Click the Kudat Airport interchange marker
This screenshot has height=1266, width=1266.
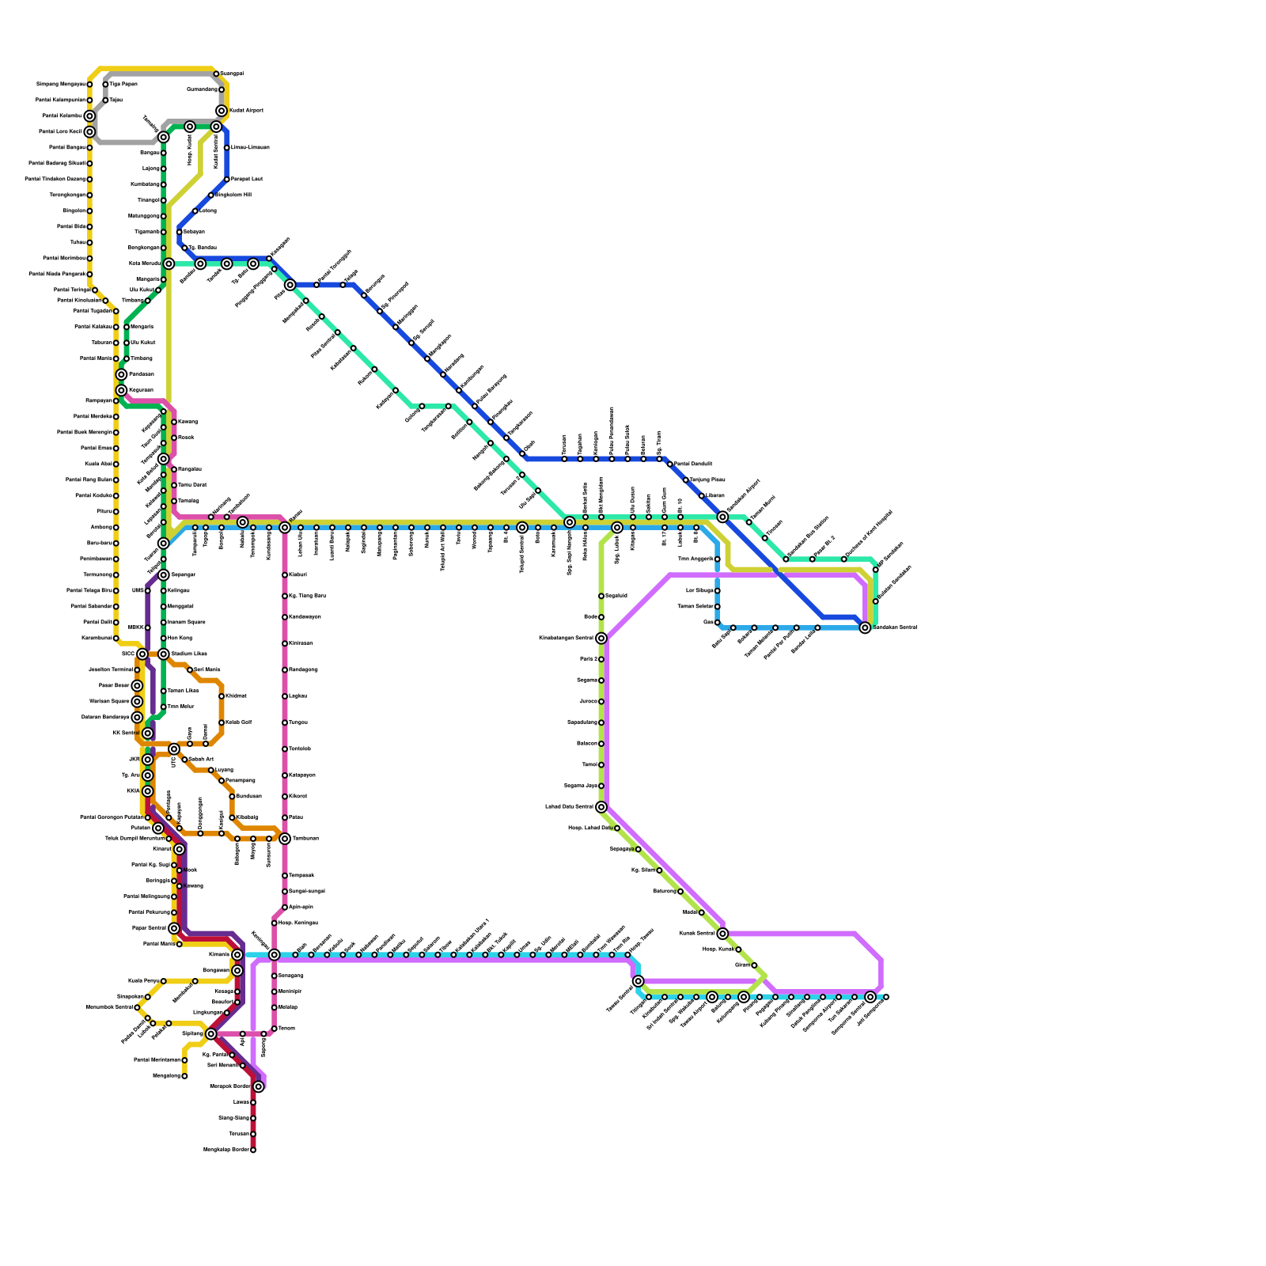click(x=222, y=111)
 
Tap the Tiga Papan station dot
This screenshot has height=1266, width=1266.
click(x=105, y=85)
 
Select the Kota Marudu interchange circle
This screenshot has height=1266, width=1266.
click(x=169, y=263)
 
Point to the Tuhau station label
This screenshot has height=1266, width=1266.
click(x=77, y=243)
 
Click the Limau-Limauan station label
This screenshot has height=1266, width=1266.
click(x=250, y=148)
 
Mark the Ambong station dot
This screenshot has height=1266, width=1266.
click(x=116, y=528)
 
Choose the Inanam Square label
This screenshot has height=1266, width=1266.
click(x=187, y=623)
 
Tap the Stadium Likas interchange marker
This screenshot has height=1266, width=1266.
click(x=164, y=654)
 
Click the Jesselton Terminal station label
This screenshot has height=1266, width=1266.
click(x=110, y=670)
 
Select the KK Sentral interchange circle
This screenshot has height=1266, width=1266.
click(x=147, y=733)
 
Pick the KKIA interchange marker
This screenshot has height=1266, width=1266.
click(x=147, y=791)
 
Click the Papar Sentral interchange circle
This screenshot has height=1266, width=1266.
click(x=174, y=928)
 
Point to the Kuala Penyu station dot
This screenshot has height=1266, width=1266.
click(x=164, y=981)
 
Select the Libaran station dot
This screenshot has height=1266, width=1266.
click(x=702, y=496)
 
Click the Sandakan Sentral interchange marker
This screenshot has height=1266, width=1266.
click(x=865, y=627)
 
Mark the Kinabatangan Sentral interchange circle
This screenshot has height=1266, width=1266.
click(x=601, y=639)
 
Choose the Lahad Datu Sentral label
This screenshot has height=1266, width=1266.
click(x=570, y=807)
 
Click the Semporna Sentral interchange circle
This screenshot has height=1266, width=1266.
click(x=870, y=997)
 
